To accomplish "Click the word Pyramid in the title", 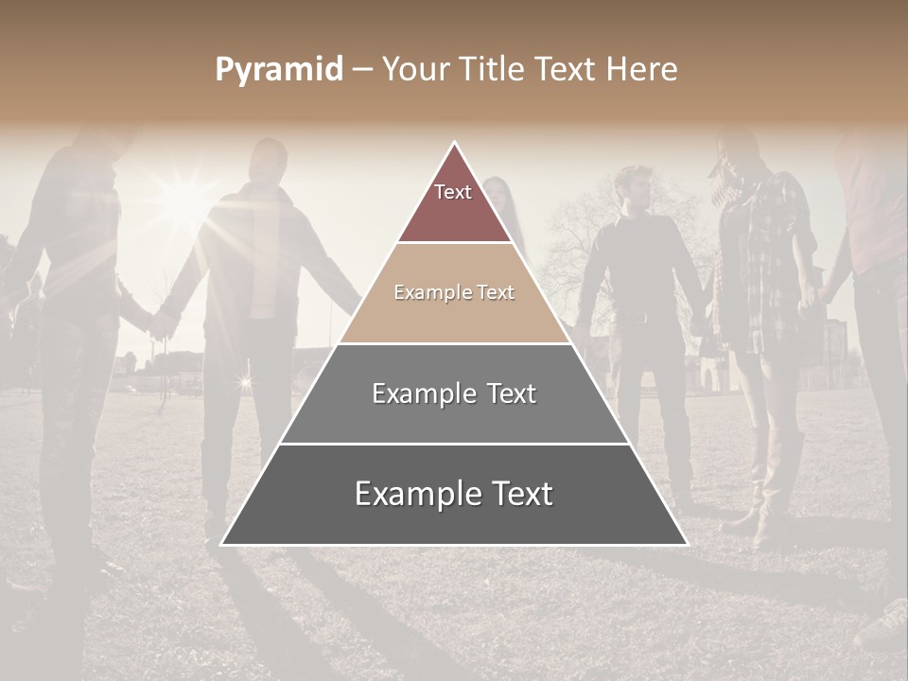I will [279, 70].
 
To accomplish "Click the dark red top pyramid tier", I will [454, 203].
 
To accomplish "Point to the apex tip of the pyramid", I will [455, 143].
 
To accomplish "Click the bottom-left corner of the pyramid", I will [222, 544].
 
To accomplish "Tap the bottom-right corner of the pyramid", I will [687, 544].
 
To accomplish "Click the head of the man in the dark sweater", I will [638, 186].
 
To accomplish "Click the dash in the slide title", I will [362, 70].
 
